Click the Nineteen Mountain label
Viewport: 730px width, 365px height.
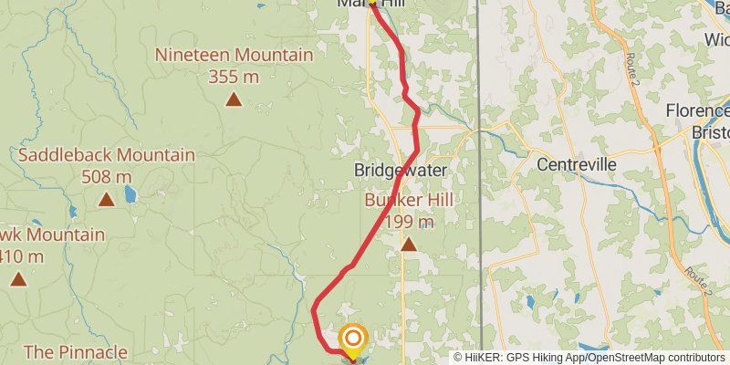tap(234, 55)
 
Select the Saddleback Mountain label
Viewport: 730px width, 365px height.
tap(107, 155)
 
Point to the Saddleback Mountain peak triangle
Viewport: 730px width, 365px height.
tap(107, 199)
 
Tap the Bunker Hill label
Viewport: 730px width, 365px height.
tap(409, 201)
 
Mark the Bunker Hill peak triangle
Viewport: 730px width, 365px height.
tap(409, 244)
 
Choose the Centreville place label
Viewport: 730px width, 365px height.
tap(576, 165)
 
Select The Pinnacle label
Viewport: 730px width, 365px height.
tap(75, 352)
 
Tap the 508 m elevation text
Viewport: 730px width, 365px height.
tap(107, 176)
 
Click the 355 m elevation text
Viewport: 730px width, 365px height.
tap(234, 77)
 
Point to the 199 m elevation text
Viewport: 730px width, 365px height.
tap(409, 222)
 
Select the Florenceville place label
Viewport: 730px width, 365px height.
tap(698, 111)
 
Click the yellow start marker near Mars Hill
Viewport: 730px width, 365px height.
tap(372, 3)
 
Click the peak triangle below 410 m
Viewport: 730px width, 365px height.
tap(17, 278)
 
